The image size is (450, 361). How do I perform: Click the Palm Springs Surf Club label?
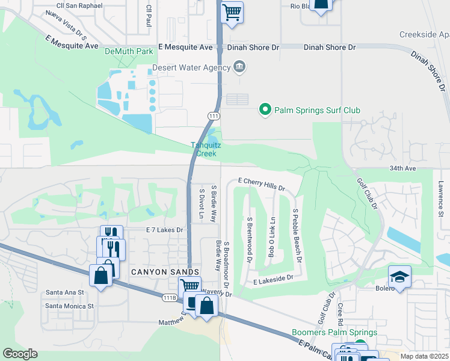click(317, 110)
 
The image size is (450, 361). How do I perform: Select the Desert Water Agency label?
click(191, 67)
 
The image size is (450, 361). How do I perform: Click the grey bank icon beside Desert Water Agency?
click(239, 66)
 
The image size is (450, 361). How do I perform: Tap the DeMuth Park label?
click(129, 52)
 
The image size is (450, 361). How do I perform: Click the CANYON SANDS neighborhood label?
click(156, 273)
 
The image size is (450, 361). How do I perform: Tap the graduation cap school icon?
click(399, 277)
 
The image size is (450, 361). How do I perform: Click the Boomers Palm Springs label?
click(334, 332)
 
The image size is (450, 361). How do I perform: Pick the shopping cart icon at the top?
click(232, 11)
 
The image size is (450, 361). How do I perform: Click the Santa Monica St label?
click(69, 306)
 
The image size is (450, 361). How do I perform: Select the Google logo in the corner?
click(20, 354)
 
